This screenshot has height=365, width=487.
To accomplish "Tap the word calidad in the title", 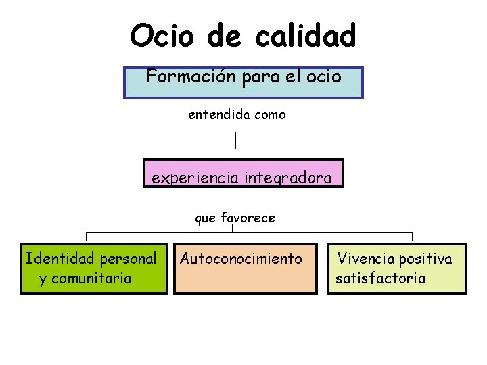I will coord(305,35).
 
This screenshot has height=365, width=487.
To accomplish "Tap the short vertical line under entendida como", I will coord(235,141).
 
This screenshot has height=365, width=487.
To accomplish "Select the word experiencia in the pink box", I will coord(194,178).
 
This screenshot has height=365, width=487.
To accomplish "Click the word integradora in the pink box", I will coord(288,178).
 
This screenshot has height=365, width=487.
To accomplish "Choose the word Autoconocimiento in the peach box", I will coord(241,258).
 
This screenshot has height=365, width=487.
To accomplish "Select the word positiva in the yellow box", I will coord(425,258).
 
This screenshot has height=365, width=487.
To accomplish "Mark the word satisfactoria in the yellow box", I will coord(381,278).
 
